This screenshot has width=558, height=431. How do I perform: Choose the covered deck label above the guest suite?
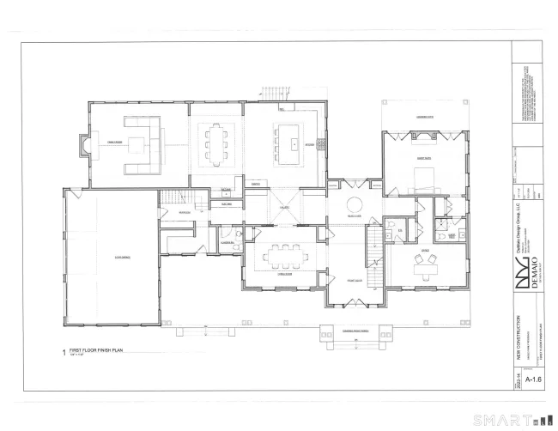point(424,116)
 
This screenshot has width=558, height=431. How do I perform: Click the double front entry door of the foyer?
point(352,303)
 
